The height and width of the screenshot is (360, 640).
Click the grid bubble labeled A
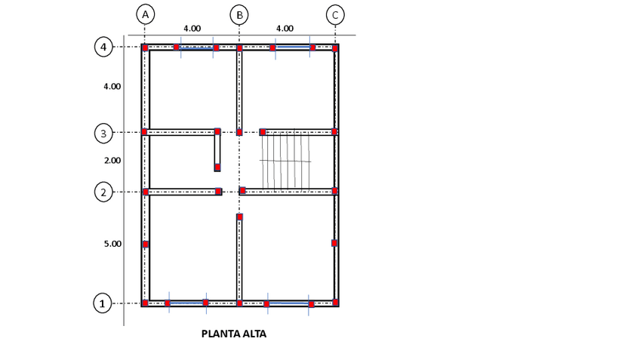[146, 14]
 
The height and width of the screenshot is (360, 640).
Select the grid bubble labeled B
[238, 14]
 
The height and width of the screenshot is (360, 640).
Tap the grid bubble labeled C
[335, 14]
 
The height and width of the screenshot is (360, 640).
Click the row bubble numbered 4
[103, 47]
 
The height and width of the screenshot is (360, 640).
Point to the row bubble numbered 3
[103, 134]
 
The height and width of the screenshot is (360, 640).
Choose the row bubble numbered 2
[103, 192]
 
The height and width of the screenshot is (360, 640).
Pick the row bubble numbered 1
[103, 303]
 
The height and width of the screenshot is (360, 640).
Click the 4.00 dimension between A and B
[192, 29]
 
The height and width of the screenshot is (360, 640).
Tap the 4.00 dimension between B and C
[285, 29]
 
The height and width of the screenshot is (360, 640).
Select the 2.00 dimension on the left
[112, 160]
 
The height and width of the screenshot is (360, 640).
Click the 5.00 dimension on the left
[112, 244]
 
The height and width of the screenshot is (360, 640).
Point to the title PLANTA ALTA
[234, 334]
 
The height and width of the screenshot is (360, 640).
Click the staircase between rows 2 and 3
[287, 161]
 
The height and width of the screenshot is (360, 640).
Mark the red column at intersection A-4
[145, 48]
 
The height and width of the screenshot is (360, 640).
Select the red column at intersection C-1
[335, 303]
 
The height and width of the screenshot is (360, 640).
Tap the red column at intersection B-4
[239, 48]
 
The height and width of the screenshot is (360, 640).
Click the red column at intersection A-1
[145, 303]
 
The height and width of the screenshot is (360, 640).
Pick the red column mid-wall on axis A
[146, 244]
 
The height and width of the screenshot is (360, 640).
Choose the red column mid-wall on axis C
[334, 243]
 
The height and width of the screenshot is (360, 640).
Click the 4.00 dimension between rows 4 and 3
[112, 86]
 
